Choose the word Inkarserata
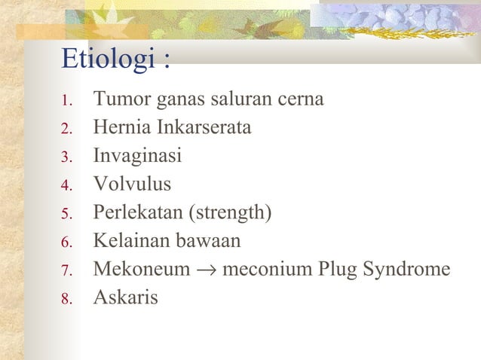tap(201, 127)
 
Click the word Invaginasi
tap(137, 156)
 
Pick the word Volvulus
tap(132, 184)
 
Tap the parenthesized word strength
tap(231, 213)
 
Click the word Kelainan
tap(127, 241)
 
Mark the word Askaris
tap(125, 297)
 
